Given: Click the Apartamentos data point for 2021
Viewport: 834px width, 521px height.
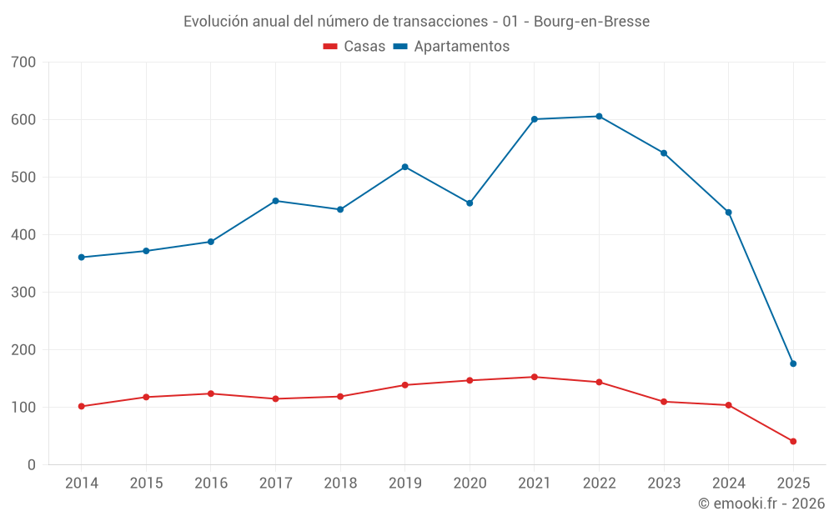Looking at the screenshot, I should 535,119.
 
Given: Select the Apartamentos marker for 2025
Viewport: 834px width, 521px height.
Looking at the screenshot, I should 793,363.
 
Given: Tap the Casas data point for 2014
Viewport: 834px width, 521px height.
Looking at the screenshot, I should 82,407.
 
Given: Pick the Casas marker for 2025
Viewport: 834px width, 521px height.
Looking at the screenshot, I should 793,442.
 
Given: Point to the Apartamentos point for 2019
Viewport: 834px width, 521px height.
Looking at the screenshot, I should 405,167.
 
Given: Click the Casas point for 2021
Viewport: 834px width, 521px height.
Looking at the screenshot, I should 535,377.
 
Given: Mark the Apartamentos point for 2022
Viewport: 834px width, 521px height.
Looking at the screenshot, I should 599,117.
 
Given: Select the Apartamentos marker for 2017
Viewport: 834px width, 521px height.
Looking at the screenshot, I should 276,201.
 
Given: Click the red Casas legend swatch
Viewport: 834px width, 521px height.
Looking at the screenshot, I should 330,47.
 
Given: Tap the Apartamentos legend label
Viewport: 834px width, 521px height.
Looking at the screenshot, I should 461,47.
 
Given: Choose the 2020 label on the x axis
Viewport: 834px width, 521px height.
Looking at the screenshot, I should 470,483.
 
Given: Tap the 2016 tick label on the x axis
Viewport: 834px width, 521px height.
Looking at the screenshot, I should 211,483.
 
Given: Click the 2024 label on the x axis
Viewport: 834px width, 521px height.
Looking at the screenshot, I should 728,483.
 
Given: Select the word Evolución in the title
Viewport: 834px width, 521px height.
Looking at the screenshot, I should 214,22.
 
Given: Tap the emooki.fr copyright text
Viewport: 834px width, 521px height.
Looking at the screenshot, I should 761,503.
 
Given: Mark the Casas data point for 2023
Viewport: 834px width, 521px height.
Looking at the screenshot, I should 664,402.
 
